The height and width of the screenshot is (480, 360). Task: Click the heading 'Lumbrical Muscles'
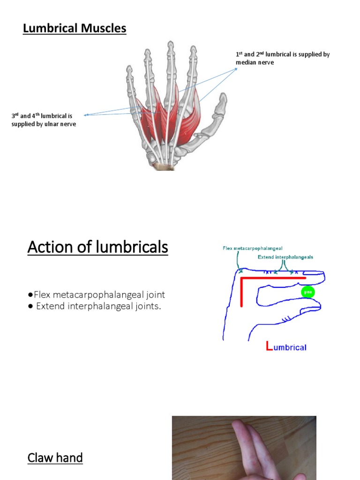(75, 29)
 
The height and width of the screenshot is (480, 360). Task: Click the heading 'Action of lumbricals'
(97, 247)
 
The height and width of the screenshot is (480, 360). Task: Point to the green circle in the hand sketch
(307, 292)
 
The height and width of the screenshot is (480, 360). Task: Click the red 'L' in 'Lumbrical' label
(269, 347)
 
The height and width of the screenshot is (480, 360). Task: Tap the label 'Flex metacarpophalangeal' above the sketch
(252, 248)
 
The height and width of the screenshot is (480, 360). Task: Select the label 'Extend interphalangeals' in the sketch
(285, 257)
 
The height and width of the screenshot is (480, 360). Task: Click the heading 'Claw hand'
(55, 457)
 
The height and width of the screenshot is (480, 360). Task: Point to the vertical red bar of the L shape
(242, 292)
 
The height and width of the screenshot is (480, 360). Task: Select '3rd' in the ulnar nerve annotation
(15, 116)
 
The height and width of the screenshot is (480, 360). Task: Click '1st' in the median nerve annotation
(239, 54)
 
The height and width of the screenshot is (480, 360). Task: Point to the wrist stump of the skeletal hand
(164, 166)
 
